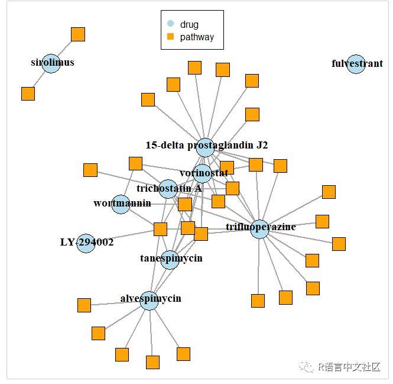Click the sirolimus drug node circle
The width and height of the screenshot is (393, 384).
point(52,64)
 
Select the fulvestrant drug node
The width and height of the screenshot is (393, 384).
point(356,64)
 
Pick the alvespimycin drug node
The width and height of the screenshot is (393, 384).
point(150,300)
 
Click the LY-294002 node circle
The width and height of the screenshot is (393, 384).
point(86,243)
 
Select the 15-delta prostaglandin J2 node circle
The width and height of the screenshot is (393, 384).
point(205,147)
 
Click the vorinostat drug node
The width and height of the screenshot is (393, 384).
point(202,173)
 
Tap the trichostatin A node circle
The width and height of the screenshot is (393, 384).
point(168,189)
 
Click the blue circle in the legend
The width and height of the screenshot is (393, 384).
point(171,24)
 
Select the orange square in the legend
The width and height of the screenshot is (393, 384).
point(171,37)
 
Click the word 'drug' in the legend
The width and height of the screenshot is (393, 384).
point(189,24)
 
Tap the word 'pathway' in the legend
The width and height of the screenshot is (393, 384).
point(197,37)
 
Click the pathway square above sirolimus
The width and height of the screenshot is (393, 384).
point(78,34)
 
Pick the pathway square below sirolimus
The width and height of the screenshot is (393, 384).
point(28,93)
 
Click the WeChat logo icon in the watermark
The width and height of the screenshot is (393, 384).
point(307,367)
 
